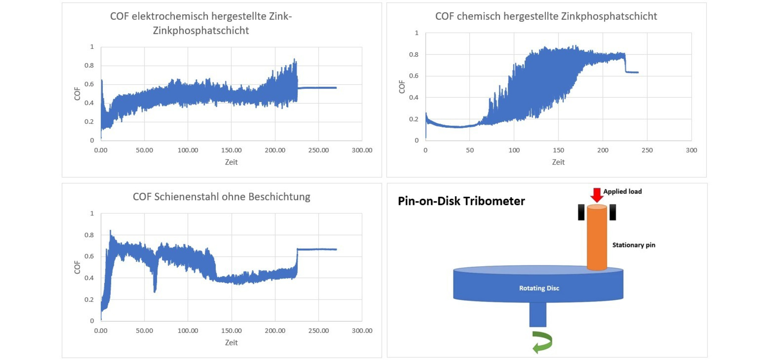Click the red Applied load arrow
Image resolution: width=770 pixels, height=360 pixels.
point(596,195)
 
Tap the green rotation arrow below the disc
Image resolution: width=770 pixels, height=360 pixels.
point(543,342)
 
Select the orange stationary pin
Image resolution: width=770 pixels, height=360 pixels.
point(597,238)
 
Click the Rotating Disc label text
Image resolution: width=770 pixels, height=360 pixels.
point(539,288)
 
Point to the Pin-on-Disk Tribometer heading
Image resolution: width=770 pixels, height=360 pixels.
point(461,201)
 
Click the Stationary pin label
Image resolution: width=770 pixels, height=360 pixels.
point(633,245)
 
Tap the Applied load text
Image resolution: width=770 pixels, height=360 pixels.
point(622,192)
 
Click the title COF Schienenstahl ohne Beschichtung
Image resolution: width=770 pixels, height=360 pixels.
point(221,197)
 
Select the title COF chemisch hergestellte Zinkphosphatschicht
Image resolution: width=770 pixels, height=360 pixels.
point(546,16)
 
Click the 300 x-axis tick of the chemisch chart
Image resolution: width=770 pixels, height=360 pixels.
point(691,150)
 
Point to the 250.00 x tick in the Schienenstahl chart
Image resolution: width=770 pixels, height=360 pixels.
point(318,331)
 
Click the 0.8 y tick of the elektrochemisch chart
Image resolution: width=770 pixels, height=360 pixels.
point(89,66)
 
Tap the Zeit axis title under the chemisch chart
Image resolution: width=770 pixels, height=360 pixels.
point(558,162)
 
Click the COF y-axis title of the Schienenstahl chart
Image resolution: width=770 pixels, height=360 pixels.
point(77,267)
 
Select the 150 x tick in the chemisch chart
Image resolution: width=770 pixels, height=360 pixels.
point(558,150)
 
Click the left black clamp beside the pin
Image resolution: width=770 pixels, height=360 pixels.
point(581,212)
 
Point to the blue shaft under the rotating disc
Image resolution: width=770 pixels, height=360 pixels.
point(538,314)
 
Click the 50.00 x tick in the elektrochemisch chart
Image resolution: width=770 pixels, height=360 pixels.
point(144,150)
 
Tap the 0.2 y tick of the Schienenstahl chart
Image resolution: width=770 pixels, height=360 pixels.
point(89,299)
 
